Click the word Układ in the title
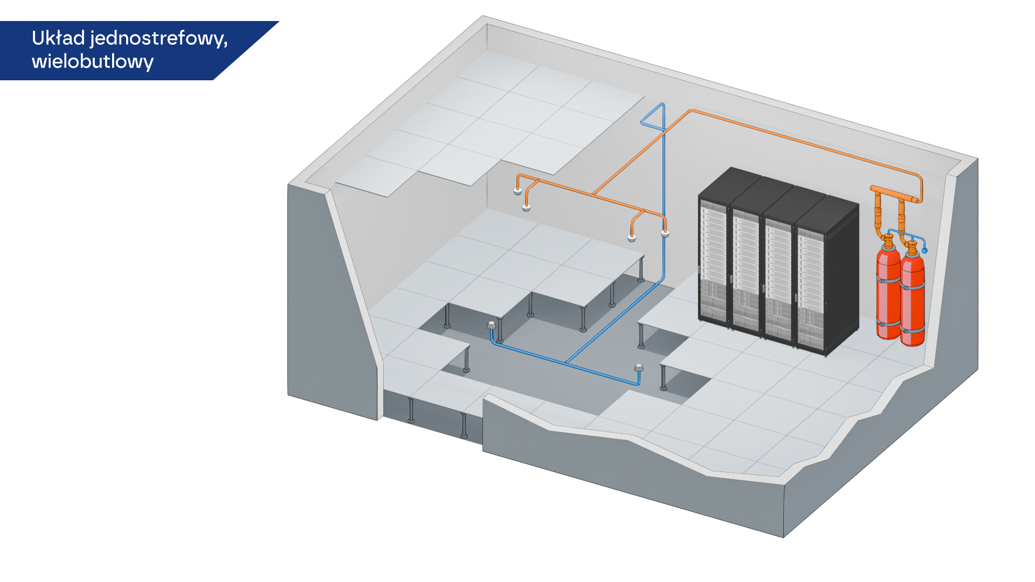point(58,38)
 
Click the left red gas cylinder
point(888,291)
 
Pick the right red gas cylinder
point(913,296)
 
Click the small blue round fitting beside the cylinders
point(924,251)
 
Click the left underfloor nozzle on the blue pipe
point(491,325)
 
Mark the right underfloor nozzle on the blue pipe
point(639,369)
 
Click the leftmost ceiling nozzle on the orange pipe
point(517,191)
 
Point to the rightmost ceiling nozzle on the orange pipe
point(665,233)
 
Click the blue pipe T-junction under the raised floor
point(566,363)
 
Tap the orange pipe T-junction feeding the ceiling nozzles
point(594,193)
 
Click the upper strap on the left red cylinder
point(888,280)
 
